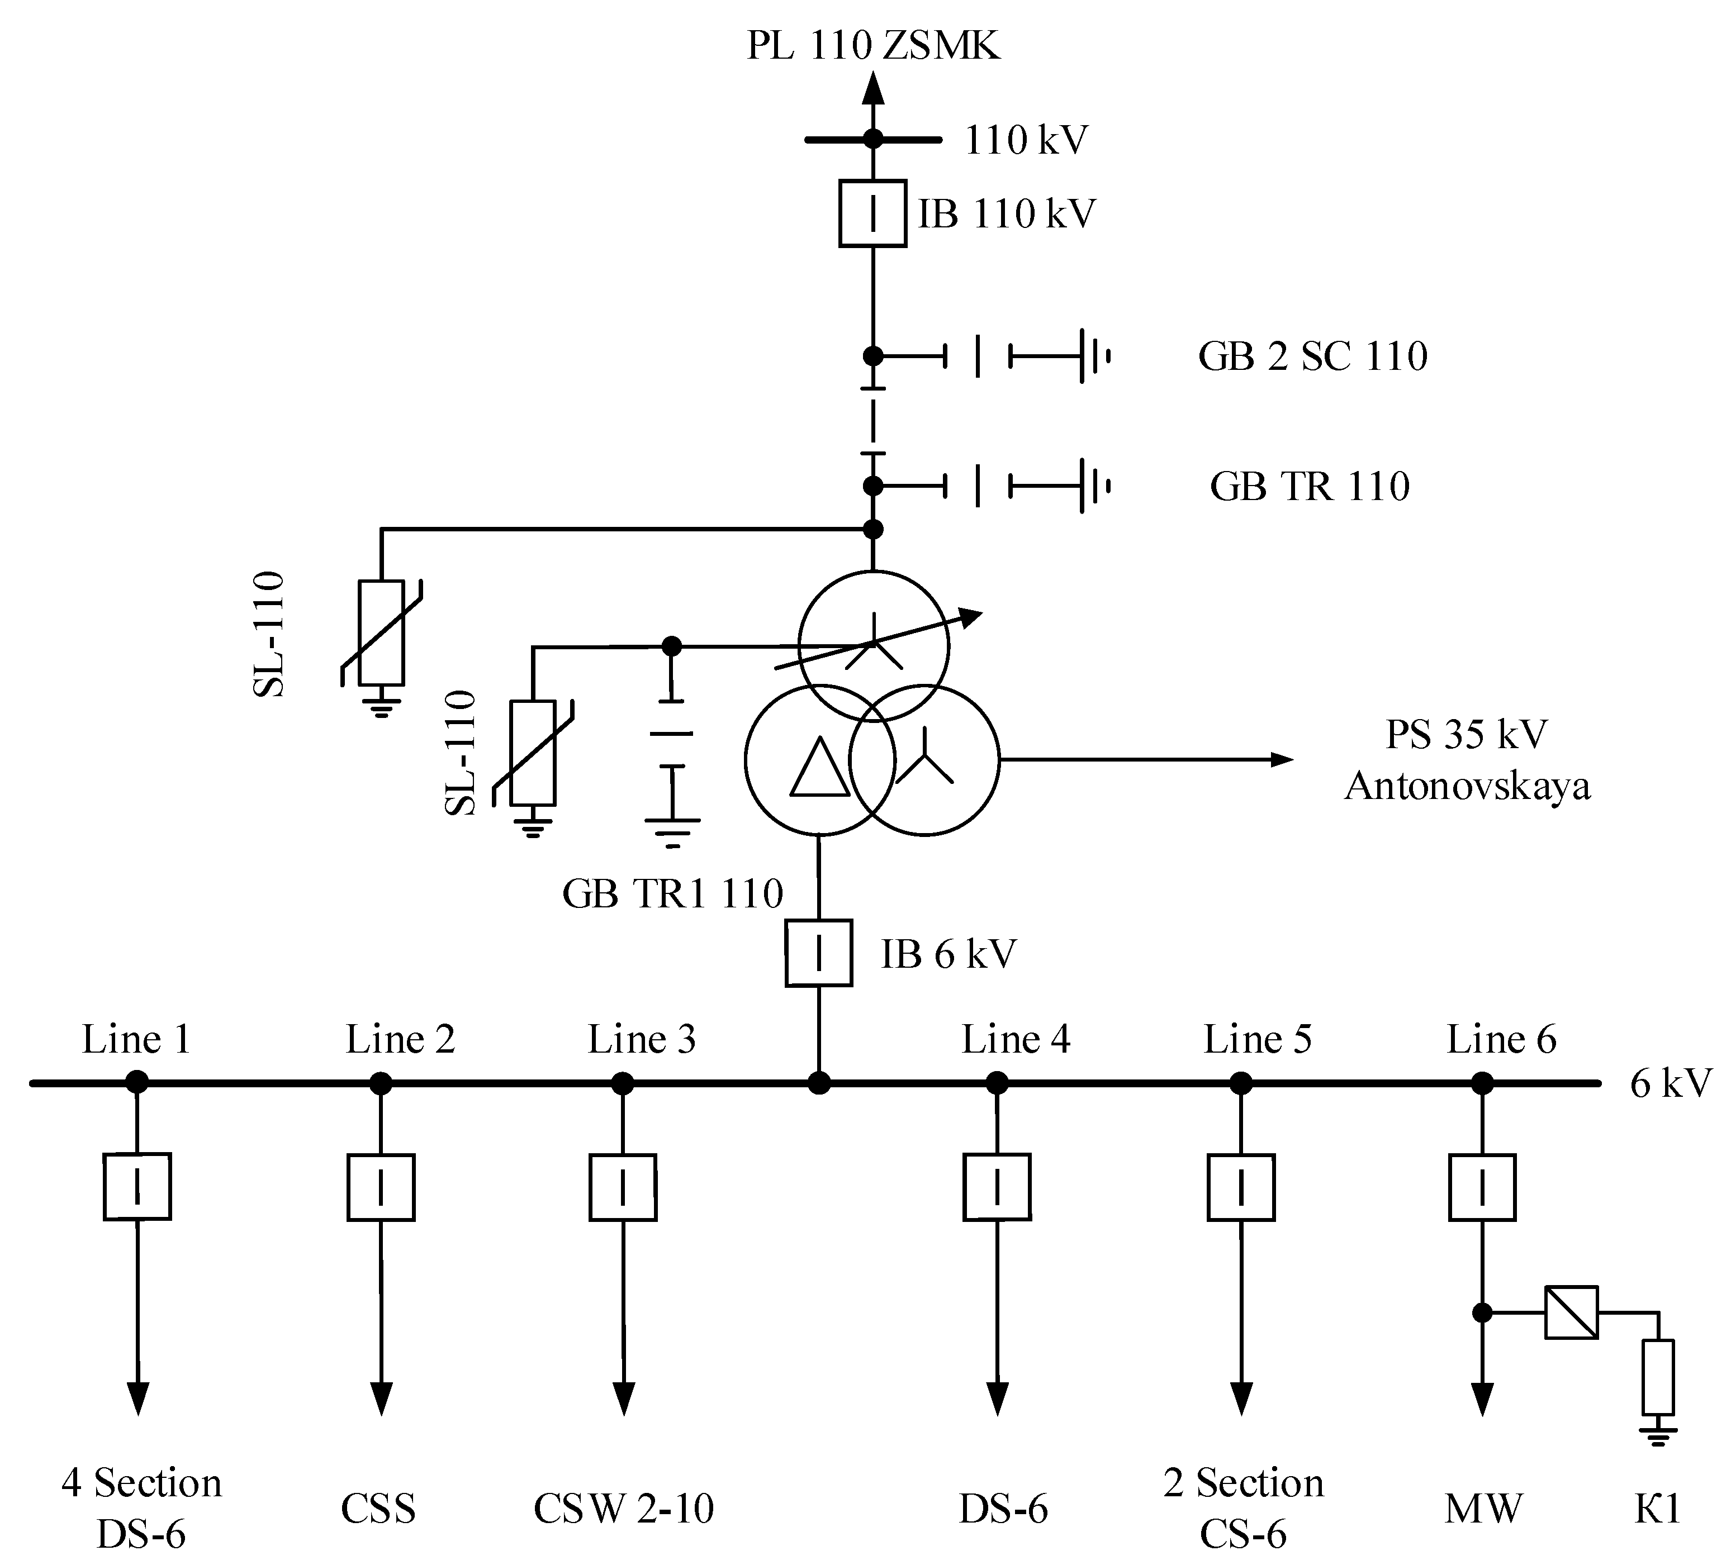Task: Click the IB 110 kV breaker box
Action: tap(872, 213)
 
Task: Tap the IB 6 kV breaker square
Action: tap(818, 953)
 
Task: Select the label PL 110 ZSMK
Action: tap(873, 45)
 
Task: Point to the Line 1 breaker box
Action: tap(137, 1187)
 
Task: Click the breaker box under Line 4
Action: tap(997, 1187)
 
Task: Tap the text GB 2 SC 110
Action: tap(1312, 355)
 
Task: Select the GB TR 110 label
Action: tap(1310, 486)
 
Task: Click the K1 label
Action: tap(1656, 1509)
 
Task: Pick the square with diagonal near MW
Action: tap(1571, 1312)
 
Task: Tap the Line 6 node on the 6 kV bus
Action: tap(1483, 1083)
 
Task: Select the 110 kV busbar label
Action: tap(1026, 140)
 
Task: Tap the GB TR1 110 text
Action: tap(672, 893)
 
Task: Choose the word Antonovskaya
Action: tap(1467, 786)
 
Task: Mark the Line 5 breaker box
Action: tap(1241, 1187)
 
